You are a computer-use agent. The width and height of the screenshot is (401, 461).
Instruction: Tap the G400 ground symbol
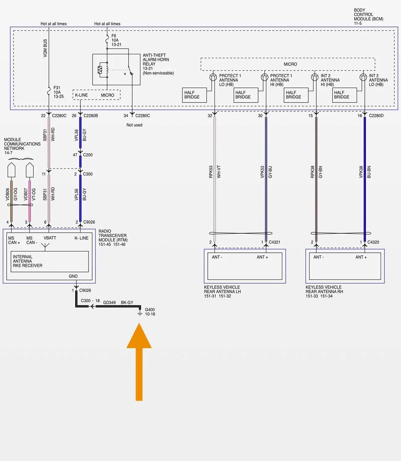click(140, 313)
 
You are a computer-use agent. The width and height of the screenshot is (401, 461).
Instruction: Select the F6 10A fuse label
click(116, 40)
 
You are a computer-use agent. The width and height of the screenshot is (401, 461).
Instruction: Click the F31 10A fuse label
click(59, 92)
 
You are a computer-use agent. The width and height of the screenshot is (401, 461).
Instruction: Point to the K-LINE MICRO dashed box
click(96, 95)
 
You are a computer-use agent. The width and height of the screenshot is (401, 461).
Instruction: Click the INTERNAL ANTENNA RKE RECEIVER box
click(50, 261)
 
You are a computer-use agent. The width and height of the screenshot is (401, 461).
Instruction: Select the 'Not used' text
click(134, 125)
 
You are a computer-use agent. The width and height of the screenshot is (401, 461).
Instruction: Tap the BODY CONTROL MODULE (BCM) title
click(368, 16)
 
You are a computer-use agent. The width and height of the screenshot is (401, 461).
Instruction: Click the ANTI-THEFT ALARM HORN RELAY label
click(158, 64)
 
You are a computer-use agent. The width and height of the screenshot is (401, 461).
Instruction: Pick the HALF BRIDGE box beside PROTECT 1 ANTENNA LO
click(194, 95)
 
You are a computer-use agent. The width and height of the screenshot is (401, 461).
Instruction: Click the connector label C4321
click(274, 242)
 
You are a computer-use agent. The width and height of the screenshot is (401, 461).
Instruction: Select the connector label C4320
click(373, 242)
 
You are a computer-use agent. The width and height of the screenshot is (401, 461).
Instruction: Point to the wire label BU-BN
click(369, 172)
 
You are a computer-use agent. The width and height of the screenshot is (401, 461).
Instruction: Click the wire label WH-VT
click(219, 172)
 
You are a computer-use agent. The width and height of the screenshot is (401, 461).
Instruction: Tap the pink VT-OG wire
click(29, 201)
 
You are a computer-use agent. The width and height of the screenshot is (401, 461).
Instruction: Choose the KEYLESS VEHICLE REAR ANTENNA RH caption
click(324, 291)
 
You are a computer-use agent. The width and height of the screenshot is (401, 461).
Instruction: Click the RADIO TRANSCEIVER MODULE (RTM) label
click(113, 238)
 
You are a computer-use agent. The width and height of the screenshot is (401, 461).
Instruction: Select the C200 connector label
click(88, 155)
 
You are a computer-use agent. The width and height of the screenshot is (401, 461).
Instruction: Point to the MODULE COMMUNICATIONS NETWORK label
click(22, 146)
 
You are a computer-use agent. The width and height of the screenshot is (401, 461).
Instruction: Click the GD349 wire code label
click(109, 302)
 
